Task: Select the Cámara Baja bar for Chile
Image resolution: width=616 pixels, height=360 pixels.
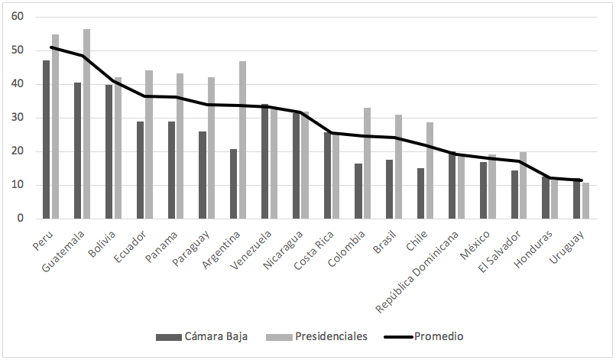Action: click(420, 193)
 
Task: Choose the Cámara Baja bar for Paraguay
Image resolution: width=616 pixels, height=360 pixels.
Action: click(203, 175)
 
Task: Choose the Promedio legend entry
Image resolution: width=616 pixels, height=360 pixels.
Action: click(424, 336)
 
